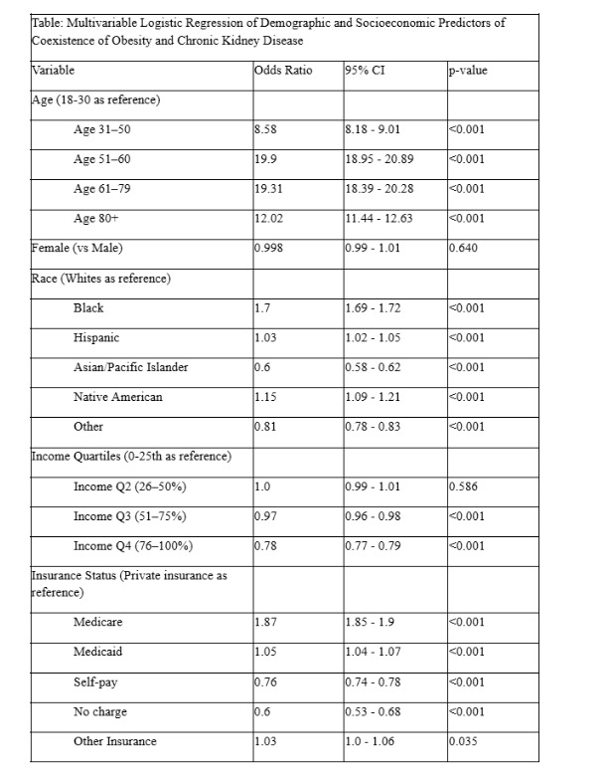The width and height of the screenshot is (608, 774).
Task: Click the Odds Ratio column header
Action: (280, 71)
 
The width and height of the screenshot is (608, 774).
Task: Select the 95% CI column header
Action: (365, 71)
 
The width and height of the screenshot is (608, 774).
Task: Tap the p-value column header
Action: (468, 71)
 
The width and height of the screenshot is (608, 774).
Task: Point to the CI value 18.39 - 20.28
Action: (380, 189)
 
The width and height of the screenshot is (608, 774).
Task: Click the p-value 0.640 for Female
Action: (464, 249)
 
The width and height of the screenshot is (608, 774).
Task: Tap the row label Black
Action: (88, 308)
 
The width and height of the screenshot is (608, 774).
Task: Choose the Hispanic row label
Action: (96, 338)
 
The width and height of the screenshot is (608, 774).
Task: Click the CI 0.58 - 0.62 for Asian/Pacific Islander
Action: (373, 368)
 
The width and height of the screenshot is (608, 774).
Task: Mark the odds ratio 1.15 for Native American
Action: (265, 397)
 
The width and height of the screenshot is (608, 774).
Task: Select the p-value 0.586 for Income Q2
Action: (464, 486)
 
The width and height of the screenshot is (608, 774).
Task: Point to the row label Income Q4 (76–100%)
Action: (133, 546)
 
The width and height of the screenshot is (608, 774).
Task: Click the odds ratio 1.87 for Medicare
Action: (265, 622)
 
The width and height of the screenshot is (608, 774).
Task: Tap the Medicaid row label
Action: (97, 652)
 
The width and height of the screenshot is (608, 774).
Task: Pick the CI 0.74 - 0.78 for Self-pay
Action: (373, 681)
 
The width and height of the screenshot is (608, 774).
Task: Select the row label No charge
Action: (100, 711)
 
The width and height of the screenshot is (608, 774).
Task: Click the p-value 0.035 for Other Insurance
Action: (464, 741)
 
